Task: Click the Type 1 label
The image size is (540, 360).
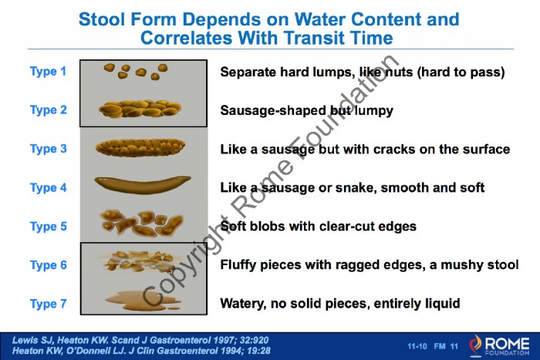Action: (x=48, y=71)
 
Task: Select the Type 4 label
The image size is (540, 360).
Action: (x=48, y=187)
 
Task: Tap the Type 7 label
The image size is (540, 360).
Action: (x=48, y=304)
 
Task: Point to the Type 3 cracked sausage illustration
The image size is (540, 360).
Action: (x=140, y=148)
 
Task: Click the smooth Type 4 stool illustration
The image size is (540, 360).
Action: (x=143, y=184)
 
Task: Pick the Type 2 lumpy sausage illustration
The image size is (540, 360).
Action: (x=140, y=109)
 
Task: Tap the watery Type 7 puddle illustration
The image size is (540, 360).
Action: (x=143, y=301)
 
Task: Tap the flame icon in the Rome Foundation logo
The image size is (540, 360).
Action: (x=476, y=345)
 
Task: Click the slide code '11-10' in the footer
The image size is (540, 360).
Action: (x=417, y=346)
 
